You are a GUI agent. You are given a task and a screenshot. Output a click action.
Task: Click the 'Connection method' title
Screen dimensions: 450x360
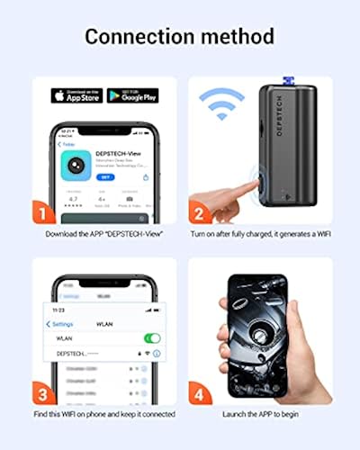point(180,37)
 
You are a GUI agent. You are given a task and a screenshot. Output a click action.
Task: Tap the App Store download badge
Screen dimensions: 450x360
point(76,95)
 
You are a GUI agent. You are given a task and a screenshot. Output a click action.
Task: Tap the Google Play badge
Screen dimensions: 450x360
point(132,95)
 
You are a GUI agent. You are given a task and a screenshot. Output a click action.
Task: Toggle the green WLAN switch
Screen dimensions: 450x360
point(152,338)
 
